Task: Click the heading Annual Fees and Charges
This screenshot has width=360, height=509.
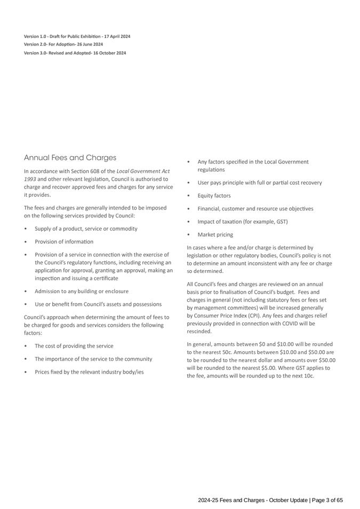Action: pos(70,158)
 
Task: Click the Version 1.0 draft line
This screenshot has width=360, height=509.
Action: pos(77,36)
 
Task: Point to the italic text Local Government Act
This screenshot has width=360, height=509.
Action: pos(143,171)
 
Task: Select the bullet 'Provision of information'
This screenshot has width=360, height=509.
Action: pos(63,241)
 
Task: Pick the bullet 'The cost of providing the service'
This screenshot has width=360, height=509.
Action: pos(74,346)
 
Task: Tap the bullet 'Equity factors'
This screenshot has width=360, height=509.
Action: pos(214,196)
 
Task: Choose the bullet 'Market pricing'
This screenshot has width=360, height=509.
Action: pos(215,235)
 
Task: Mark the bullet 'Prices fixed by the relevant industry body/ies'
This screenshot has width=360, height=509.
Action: pos(89,371)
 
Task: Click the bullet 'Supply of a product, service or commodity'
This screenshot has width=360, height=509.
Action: pos(86,229)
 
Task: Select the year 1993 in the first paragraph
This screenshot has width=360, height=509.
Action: pos(30,179)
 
